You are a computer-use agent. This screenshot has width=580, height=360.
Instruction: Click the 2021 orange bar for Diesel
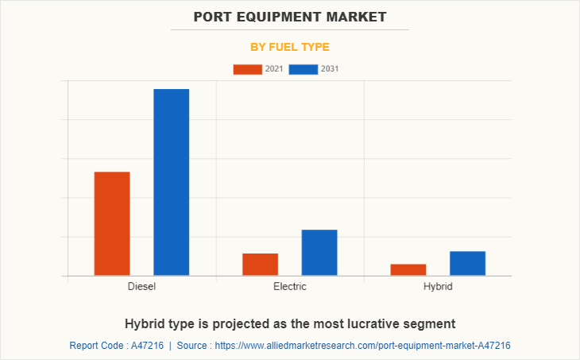pyautogui.click(x=112, y=223)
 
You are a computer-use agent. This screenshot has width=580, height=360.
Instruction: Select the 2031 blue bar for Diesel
pyautogui.click(x=171, y=182)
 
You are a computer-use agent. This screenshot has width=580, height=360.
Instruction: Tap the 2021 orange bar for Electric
pyautogui.click(x=260, y=264)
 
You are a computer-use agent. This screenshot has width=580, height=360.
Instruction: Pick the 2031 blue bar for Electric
pyautogui.click(x=319, y=252)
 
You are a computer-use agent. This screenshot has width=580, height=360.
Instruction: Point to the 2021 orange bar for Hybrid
pyautogui.click(x=408, y=269)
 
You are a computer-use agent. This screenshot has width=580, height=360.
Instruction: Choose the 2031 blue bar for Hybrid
pyautogui.click(x=467, y=263)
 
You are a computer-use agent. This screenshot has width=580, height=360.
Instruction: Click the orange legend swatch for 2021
pyautogui.click(x=247, y=69)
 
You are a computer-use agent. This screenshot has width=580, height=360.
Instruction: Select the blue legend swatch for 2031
pyautogui.click(x=304, y=69)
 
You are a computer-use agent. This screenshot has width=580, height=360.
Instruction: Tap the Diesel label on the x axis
pyautogui.click(x=141, y=286)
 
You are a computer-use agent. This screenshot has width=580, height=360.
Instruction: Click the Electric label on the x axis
pyautogui.click(x=289, y=286)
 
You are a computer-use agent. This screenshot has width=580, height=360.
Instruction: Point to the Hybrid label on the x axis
pyautogui.click(x=438, y=286)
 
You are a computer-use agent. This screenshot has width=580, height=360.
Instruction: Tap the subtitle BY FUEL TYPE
pyautogui.click(x=290, y=47)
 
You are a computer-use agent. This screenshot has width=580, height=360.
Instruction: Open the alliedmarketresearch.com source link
pyautogui.click(x=362, y=346)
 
